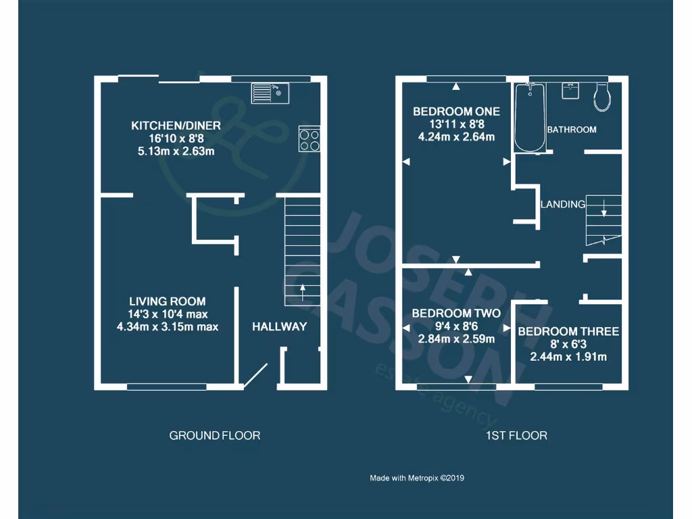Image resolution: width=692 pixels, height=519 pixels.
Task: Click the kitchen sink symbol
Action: point(270,93)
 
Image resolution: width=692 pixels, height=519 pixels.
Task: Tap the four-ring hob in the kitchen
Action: point(310,139)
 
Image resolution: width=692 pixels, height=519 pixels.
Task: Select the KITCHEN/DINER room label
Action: point(176,126)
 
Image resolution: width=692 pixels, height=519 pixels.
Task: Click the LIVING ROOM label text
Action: point(168,301)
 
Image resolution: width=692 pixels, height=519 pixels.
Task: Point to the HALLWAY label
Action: point(280,327)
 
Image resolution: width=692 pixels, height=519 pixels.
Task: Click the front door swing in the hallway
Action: point(255,376)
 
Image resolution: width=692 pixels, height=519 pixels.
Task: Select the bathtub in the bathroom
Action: point(529,118)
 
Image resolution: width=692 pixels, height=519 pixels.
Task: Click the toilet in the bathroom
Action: point(601,97)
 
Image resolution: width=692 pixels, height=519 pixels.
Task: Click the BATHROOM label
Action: point(572,129)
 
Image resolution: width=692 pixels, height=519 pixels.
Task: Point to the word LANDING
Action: point(562,204)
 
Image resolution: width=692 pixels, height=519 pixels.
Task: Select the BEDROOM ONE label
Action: point(456,112)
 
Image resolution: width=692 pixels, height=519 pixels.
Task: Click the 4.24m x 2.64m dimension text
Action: point(456,137)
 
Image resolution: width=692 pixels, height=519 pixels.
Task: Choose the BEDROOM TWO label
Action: point(456,314)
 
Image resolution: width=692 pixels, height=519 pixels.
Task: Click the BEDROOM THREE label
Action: point(568,332)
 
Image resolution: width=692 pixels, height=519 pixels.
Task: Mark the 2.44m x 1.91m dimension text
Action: point(568,357)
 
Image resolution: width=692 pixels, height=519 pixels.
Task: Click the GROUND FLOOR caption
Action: point(214,436)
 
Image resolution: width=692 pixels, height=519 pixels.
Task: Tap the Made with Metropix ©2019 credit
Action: point(417,478)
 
